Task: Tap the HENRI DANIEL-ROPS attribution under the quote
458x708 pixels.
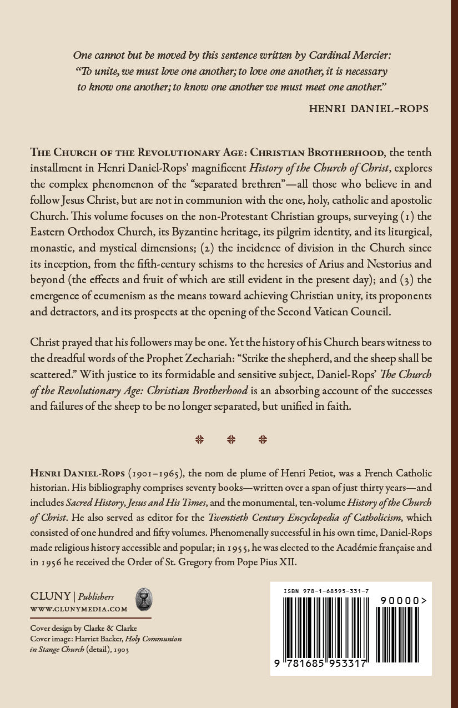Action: [369, 108]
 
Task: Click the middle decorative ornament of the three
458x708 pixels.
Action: [231, 440]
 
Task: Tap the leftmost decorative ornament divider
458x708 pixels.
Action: [200, 440]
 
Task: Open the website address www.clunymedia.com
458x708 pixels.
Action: [79, 609]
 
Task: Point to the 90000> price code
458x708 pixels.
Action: [404, 600]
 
